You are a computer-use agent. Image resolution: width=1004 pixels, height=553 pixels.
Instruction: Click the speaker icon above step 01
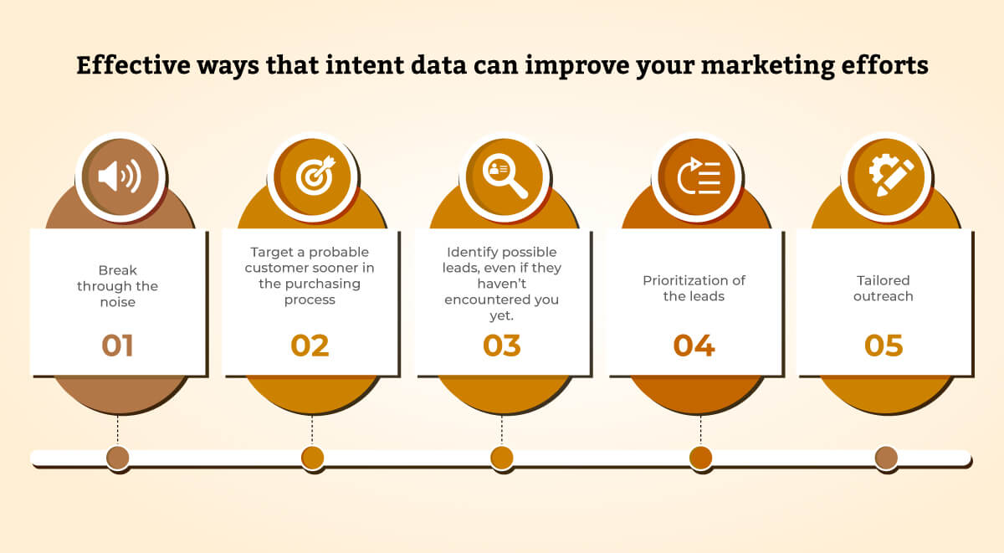[120, 177]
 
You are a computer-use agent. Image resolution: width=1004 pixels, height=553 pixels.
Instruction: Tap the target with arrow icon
[311, 177]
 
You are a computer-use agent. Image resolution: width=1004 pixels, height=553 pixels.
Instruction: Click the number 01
[118, 346]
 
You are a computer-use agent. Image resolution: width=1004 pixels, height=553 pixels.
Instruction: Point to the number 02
[310, 346]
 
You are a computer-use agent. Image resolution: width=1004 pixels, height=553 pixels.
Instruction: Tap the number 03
[502, 346]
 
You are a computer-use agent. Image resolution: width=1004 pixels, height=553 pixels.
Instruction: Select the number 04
[694, 346]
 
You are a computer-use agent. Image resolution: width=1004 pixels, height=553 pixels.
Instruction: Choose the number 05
[884, 346]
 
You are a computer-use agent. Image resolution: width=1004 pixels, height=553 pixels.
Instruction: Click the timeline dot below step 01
[118, 458]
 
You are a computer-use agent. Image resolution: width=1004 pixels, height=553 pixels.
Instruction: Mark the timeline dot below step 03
[502, 458]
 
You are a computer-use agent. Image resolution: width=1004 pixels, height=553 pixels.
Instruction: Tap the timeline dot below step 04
[701, 458]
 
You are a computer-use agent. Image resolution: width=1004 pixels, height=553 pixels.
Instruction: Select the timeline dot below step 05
[886, 458]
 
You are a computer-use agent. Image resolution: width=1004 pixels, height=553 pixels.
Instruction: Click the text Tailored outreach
[884, 288]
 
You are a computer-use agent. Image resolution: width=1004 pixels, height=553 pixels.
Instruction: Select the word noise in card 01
[118, 302]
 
